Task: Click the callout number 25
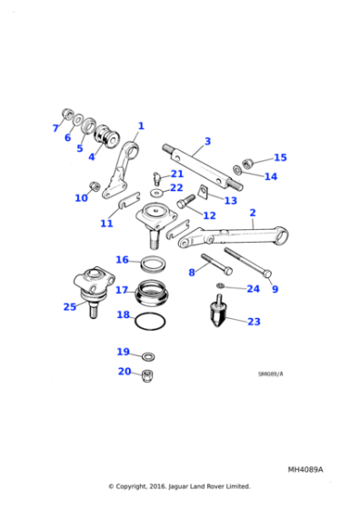[70, 306]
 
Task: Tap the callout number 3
[207, 141]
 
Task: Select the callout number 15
[280, 157]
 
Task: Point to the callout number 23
[254, 322]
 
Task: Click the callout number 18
[124, 314]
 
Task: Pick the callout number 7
[55, 128]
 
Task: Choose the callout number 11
[106, 223]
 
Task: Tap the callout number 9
[275, 289]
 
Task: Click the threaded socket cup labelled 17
[153, 292]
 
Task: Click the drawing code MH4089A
[305, 470]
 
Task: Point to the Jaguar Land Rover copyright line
[179, 487]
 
